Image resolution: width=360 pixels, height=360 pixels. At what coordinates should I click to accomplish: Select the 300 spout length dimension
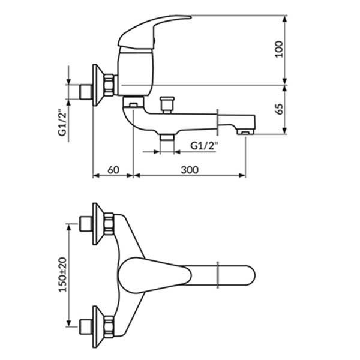(x=189, y=170)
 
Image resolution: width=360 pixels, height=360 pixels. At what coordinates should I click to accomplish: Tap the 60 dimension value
(x=113, y=170)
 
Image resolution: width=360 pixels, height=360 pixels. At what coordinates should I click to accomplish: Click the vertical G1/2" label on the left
(x=62, y=122)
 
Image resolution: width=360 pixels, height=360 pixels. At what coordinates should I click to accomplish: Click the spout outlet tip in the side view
(x=246, y=130)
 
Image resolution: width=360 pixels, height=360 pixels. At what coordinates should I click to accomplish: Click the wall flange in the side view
(x=95, y=83)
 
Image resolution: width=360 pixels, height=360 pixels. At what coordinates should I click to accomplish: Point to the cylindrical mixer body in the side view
(x=133, y=74)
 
